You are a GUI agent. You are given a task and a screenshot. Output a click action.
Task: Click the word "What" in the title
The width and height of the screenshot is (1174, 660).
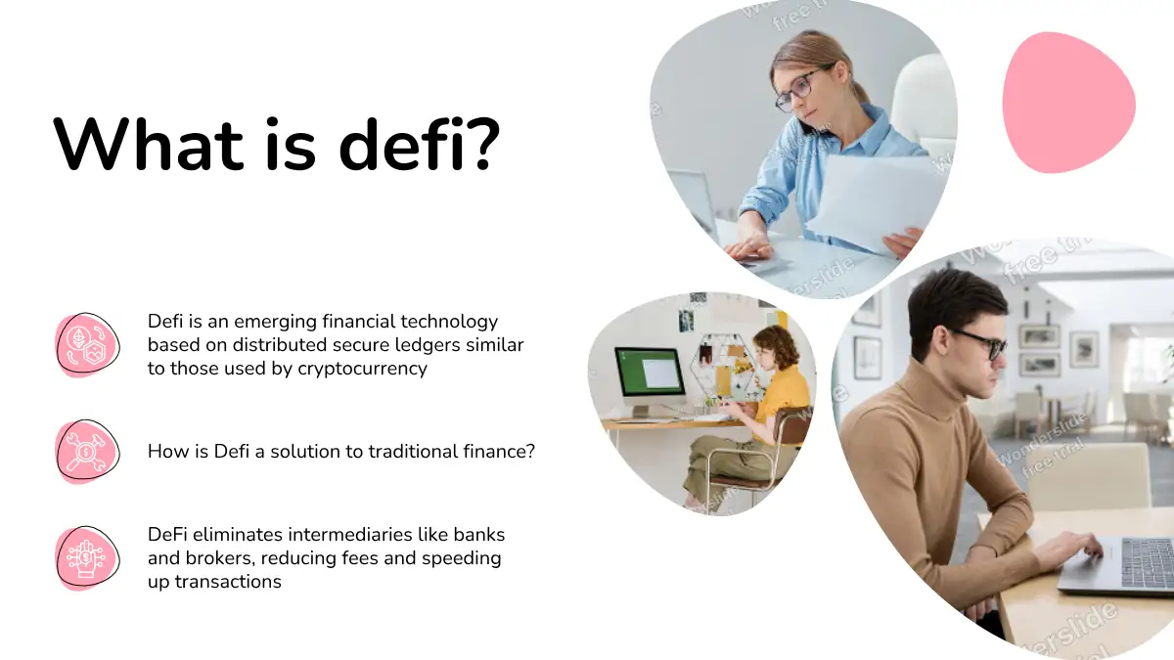tap(149, 144)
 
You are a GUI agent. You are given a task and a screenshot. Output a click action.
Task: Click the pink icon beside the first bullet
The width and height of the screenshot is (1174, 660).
tap(87, 344)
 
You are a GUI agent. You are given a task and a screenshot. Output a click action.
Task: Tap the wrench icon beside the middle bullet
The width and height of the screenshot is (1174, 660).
tap(87, 452)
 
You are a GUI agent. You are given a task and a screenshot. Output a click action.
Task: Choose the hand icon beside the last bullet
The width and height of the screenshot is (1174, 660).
tap(87, 558)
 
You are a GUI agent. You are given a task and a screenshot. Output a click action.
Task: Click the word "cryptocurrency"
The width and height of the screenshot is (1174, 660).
tap(362, 369)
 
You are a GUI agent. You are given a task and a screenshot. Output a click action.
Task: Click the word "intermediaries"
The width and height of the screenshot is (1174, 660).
tap(350, 534)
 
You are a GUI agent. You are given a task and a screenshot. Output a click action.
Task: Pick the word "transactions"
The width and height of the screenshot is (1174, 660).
tap(227, 582)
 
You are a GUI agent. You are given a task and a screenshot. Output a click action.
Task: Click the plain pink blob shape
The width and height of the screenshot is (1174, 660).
tap(1068, 103)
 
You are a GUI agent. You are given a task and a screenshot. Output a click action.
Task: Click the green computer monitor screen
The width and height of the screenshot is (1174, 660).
tap(650, 372)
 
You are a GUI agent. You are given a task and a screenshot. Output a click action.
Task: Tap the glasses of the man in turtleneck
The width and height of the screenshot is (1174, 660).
tap(981, 343)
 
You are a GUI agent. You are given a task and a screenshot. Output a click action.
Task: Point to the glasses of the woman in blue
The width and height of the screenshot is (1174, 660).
tap(804, 87)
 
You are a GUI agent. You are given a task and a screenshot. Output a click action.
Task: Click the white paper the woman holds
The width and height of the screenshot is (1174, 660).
tap(873, 202)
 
